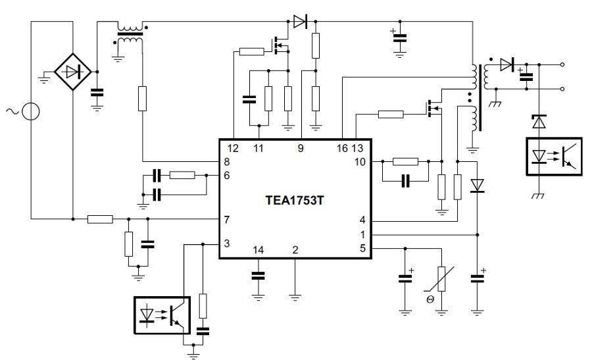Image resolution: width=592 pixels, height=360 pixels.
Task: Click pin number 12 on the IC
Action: (x=234, y=148)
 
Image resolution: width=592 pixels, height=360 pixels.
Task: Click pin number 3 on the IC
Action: (x=227, y=244)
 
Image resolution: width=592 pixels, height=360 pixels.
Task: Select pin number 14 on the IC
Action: (x=258, y=249)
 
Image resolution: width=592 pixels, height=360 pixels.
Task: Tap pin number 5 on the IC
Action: (x=362, y=248)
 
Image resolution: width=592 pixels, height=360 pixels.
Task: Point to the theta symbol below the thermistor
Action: (x=430, y=299)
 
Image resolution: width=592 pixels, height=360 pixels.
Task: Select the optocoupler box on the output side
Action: (x=554, y=156)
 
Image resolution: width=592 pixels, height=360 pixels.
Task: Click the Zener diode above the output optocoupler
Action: (x=539, y=122)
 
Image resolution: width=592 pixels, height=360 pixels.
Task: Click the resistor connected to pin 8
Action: (x=141, y=99)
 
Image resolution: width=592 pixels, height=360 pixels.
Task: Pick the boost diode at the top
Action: (x=300, y=22)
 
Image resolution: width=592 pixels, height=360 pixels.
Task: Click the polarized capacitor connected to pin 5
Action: (x=405, y=278)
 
